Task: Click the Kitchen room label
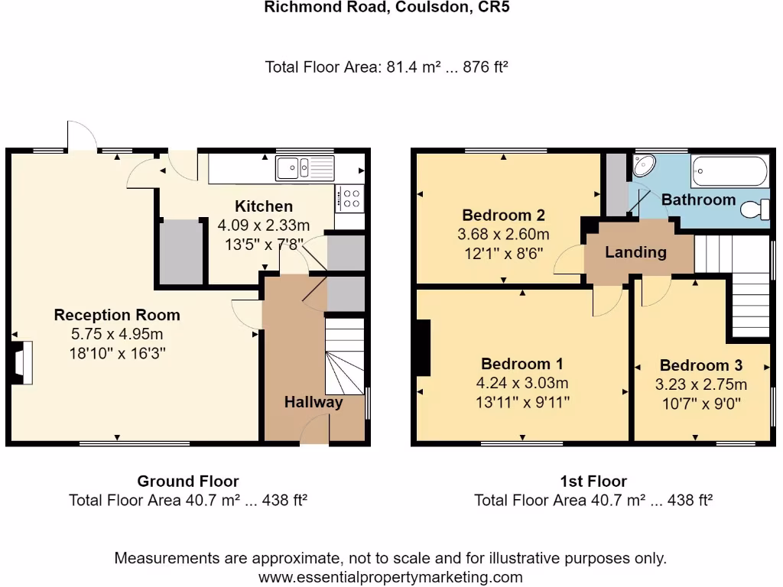point(263,206)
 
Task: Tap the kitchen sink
point(305,167)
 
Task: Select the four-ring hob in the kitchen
point(351,199)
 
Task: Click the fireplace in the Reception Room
point(21,362)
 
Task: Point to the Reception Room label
point(117,315)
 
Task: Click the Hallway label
point(314,402)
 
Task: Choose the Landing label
point(635,251)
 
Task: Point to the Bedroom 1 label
point(522,364)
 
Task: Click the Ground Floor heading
point(187,482)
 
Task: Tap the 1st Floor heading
point(593,482)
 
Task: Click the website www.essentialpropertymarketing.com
point(391,577)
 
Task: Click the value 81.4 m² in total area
point(406,67)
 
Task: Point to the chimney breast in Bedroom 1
point(421,348)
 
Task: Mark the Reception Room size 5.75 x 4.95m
point(117,334)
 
